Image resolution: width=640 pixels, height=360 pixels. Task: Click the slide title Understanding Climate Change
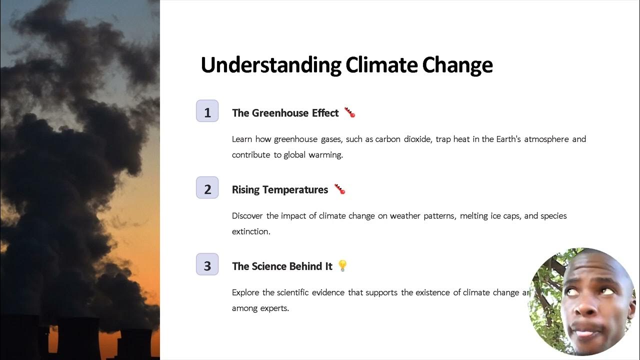click(x=346, y=65)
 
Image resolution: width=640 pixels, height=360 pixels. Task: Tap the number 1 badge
click(x=207, y=111)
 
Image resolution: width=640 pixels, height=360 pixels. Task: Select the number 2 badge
click(x=207, y=188)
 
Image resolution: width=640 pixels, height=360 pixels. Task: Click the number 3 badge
click(x=207, y=264)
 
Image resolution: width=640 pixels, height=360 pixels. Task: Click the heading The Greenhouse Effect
click(x=285, y=113)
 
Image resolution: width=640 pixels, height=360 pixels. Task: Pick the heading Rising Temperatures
click(x=279, y=189)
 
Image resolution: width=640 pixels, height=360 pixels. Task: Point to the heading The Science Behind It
click(x=282, y=266)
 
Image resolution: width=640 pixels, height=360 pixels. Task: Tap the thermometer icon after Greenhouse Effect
click(x=349, y=112)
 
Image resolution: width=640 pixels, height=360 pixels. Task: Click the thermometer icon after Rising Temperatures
click(x=339, y=189)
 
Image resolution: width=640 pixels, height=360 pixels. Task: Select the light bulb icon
click(x=342, y=265)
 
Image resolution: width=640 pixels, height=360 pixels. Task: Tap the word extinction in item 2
click(x=251, y=231)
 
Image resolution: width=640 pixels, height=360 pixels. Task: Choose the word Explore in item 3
click(x=245, y=292)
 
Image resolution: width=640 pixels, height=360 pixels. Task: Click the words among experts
click(x=260, y=308)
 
